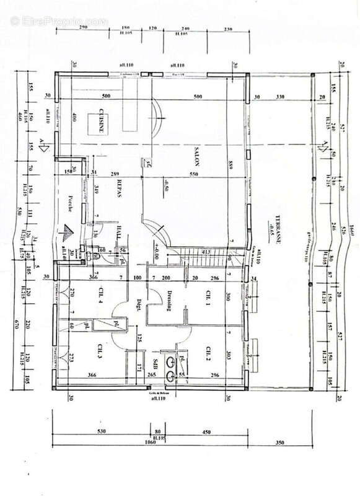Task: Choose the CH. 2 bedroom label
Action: click(210, 353)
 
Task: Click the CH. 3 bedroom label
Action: click(99, 352)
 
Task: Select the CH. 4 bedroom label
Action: click(99, 296)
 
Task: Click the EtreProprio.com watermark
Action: click(59, 20)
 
